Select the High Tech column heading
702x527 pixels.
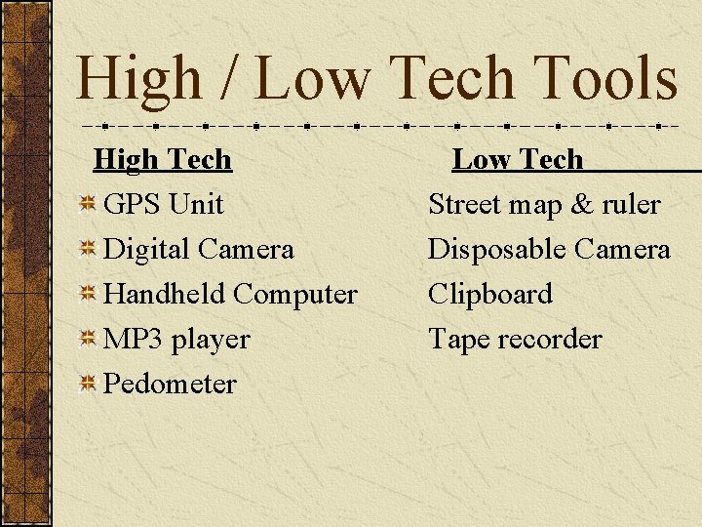pyautogui.click(x=162, y=159)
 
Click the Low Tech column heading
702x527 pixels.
pyautogui.click(x=517, y=159)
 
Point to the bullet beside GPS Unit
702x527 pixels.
pyautogui.click(x=87, y=205)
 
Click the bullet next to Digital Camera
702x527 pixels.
pyautogui.click(x=87, y=250)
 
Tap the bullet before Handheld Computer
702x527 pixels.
pyautogui.click(x=87, y=295)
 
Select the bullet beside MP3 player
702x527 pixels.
pyautogui.click(x=87, y=340)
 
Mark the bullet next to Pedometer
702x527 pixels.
pyautogui.click(x=87, y=385)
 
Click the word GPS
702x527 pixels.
pyautogui.click(x=132, y=205)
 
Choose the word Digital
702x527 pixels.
pyautogui.click(x=146, y=250)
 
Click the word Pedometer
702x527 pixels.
pyautogui.click(x=170, y=384)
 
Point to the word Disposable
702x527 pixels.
pyautogui.click(x=496, y=250)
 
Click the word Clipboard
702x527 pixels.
pyautogui.click(x=490, y=294)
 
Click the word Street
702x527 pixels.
pyautogui.click(x=464, y=205)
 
